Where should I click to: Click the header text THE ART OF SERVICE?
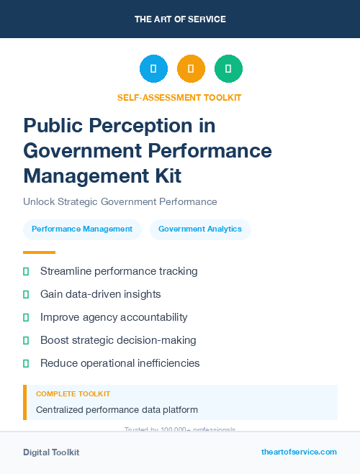tap(179, 19)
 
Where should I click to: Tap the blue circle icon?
tap(153, 69)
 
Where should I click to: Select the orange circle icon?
tap(191, 69)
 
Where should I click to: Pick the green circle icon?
tap(228, 69)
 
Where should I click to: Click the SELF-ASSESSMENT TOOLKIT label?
tap(179, 97)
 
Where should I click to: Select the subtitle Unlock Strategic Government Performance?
tap(120, 202)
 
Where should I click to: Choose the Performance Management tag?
tap(82, 229)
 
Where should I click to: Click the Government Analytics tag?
tap(200, 229)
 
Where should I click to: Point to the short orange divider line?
tap(39, 252)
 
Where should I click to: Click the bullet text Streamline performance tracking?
tap(119, 271)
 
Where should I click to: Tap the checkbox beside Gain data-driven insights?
tap(26, 294)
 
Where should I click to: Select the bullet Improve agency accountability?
tap(114, 317)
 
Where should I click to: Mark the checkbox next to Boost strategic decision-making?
tap(26, 340)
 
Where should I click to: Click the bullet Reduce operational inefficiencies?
tap(120, 363)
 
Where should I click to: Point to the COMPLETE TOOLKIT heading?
tap(73, 394)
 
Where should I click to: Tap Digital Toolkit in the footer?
tap(51, 452)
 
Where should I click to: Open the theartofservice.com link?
tap(299, 452)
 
